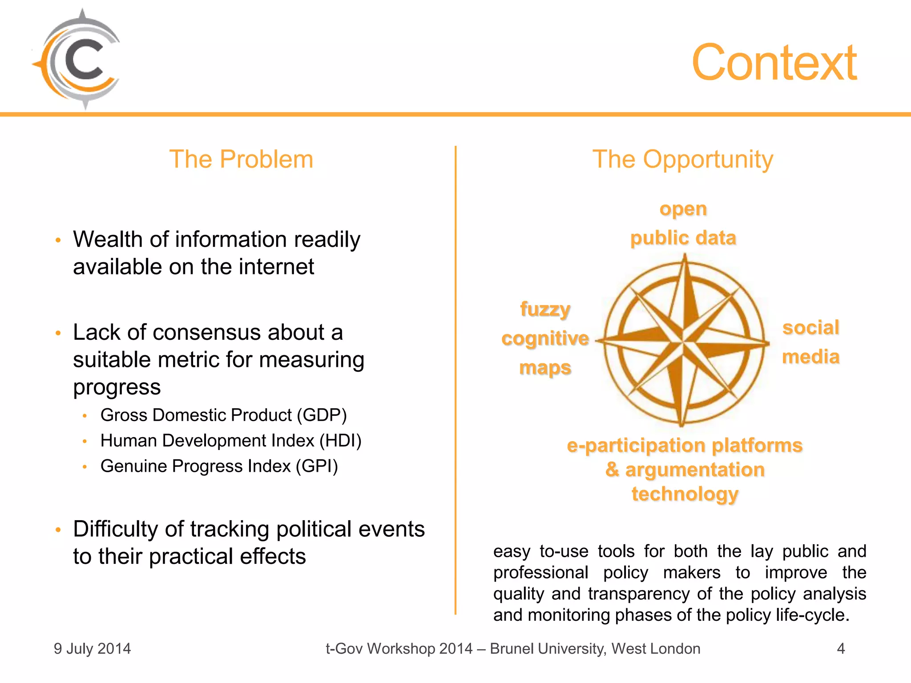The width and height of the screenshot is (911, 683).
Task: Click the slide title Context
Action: click(774, 63)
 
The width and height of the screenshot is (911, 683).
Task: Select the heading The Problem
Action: click(241, 159)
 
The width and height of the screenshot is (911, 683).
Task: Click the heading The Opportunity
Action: click(683, 159)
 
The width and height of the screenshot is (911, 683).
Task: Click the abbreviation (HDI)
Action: click(340, 441)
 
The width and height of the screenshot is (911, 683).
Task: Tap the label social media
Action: click(810, 342)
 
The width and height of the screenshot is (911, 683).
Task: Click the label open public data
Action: click(683, 223)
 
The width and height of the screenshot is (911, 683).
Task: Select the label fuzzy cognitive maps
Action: click(545, 338)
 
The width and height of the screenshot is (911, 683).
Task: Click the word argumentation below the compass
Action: click(695, 470)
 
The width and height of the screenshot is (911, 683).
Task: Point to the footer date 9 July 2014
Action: click(93, 649)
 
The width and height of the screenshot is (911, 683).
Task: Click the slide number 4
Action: click(841, 649)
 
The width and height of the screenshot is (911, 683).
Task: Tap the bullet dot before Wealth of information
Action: click(58, 241)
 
